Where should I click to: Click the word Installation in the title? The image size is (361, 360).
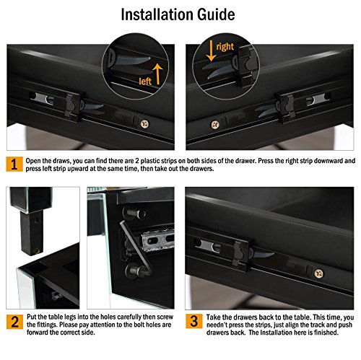157,14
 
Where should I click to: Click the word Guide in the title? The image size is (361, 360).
216,14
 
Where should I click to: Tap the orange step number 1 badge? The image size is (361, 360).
14,164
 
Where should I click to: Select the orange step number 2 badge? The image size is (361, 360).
14,322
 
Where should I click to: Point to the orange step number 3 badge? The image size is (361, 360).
194,321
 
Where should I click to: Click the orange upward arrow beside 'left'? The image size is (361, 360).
157,74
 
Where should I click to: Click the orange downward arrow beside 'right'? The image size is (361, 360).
211,51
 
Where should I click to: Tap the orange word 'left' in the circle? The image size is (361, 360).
145,82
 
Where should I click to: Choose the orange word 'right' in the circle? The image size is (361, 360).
225,46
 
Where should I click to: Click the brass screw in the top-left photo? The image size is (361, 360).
144,124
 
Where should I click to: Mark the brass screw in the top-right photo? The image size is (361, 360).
215,125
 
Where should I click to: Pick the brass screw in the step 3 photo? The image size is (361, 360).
319,273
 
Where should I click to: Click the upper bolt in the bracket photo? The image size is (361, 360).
135,214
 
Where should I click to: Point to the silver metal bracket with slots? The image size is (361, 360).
157,240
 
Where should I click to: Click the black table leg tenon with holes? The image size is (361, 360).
32,232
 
